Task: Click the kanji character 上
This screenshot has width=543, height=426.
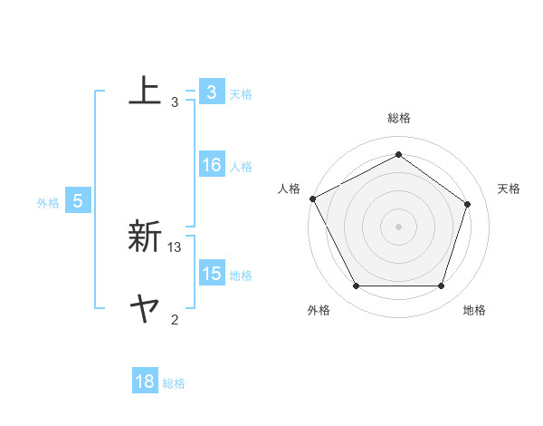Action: pyautogui.click(x=145, y=91)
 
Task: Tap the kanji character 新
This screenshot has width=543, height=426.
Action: pyautogui.click(x=145, y=238)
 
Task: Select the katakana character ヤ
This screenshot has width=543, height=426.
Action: pyautogui.click(x=145, y=311)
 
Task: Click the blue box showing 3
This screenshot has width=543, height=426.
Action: pyautogui.click(x=211, y=92)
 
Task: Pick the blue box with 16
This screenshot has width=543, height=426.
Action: pyautogui.click(x=211, y=165)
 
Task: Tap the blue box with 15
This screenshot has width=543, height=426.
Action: pyautogui.click(x=211, y=274)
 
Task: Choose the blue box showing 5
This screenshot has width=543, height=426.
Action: pyautogui.click(x=78, y=201)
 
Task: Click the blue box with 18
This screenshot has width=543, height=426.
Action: pyautogui.click(x=145, y=382)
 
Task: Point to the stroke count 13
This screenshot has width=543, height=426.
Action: pyautogui.click(x=175, y=247)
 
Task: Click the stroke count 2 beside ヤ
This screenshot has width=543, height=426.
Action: pyautogui.click(x=175, y=319)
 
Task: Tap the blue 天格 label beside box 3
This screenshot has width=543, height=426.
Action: pyautogui.click(x=241, y=93)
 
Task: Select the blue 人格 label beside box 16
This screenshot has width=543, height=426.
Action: pyautogui.click(x=241, y=166)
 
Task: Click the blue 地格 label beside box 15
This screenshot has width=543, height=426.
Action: pyautogui.click(x=241, y=275)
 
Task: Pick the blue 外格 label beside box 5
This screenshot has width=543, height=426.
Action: pyautogui.click(x=48, y=203)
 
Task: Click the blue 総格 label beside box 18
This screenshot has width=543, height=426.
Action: pyautogui.click(x=174, y=382)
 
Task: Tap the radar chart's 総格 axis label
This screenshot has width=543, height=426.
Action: pyautogui.click(x=398, y=118)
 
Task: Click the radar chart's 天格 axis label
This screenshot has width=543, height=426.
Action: pyautogui.click(x=509, y=189)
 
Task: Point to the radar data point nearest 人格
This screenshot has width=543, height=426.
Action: pyautogui.click(x=312, y=198)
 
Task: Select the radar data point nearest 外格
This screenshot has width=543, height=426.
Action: pyautogui.click(x=356, y=286)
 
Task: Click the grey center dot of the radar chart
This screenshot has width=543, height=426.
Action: pyautogui.click(x=398, y=226)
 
